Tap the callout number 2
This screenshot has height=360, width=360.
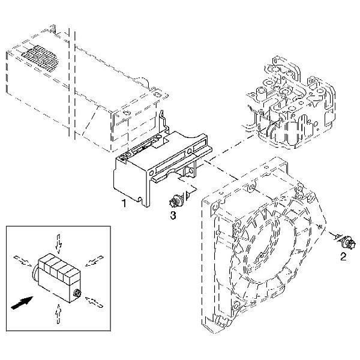click(343, 257)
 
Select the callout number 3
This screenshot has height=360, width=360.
click(173, 215)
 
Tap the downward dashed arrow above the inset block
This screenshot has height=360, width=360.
click(58, 242)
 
